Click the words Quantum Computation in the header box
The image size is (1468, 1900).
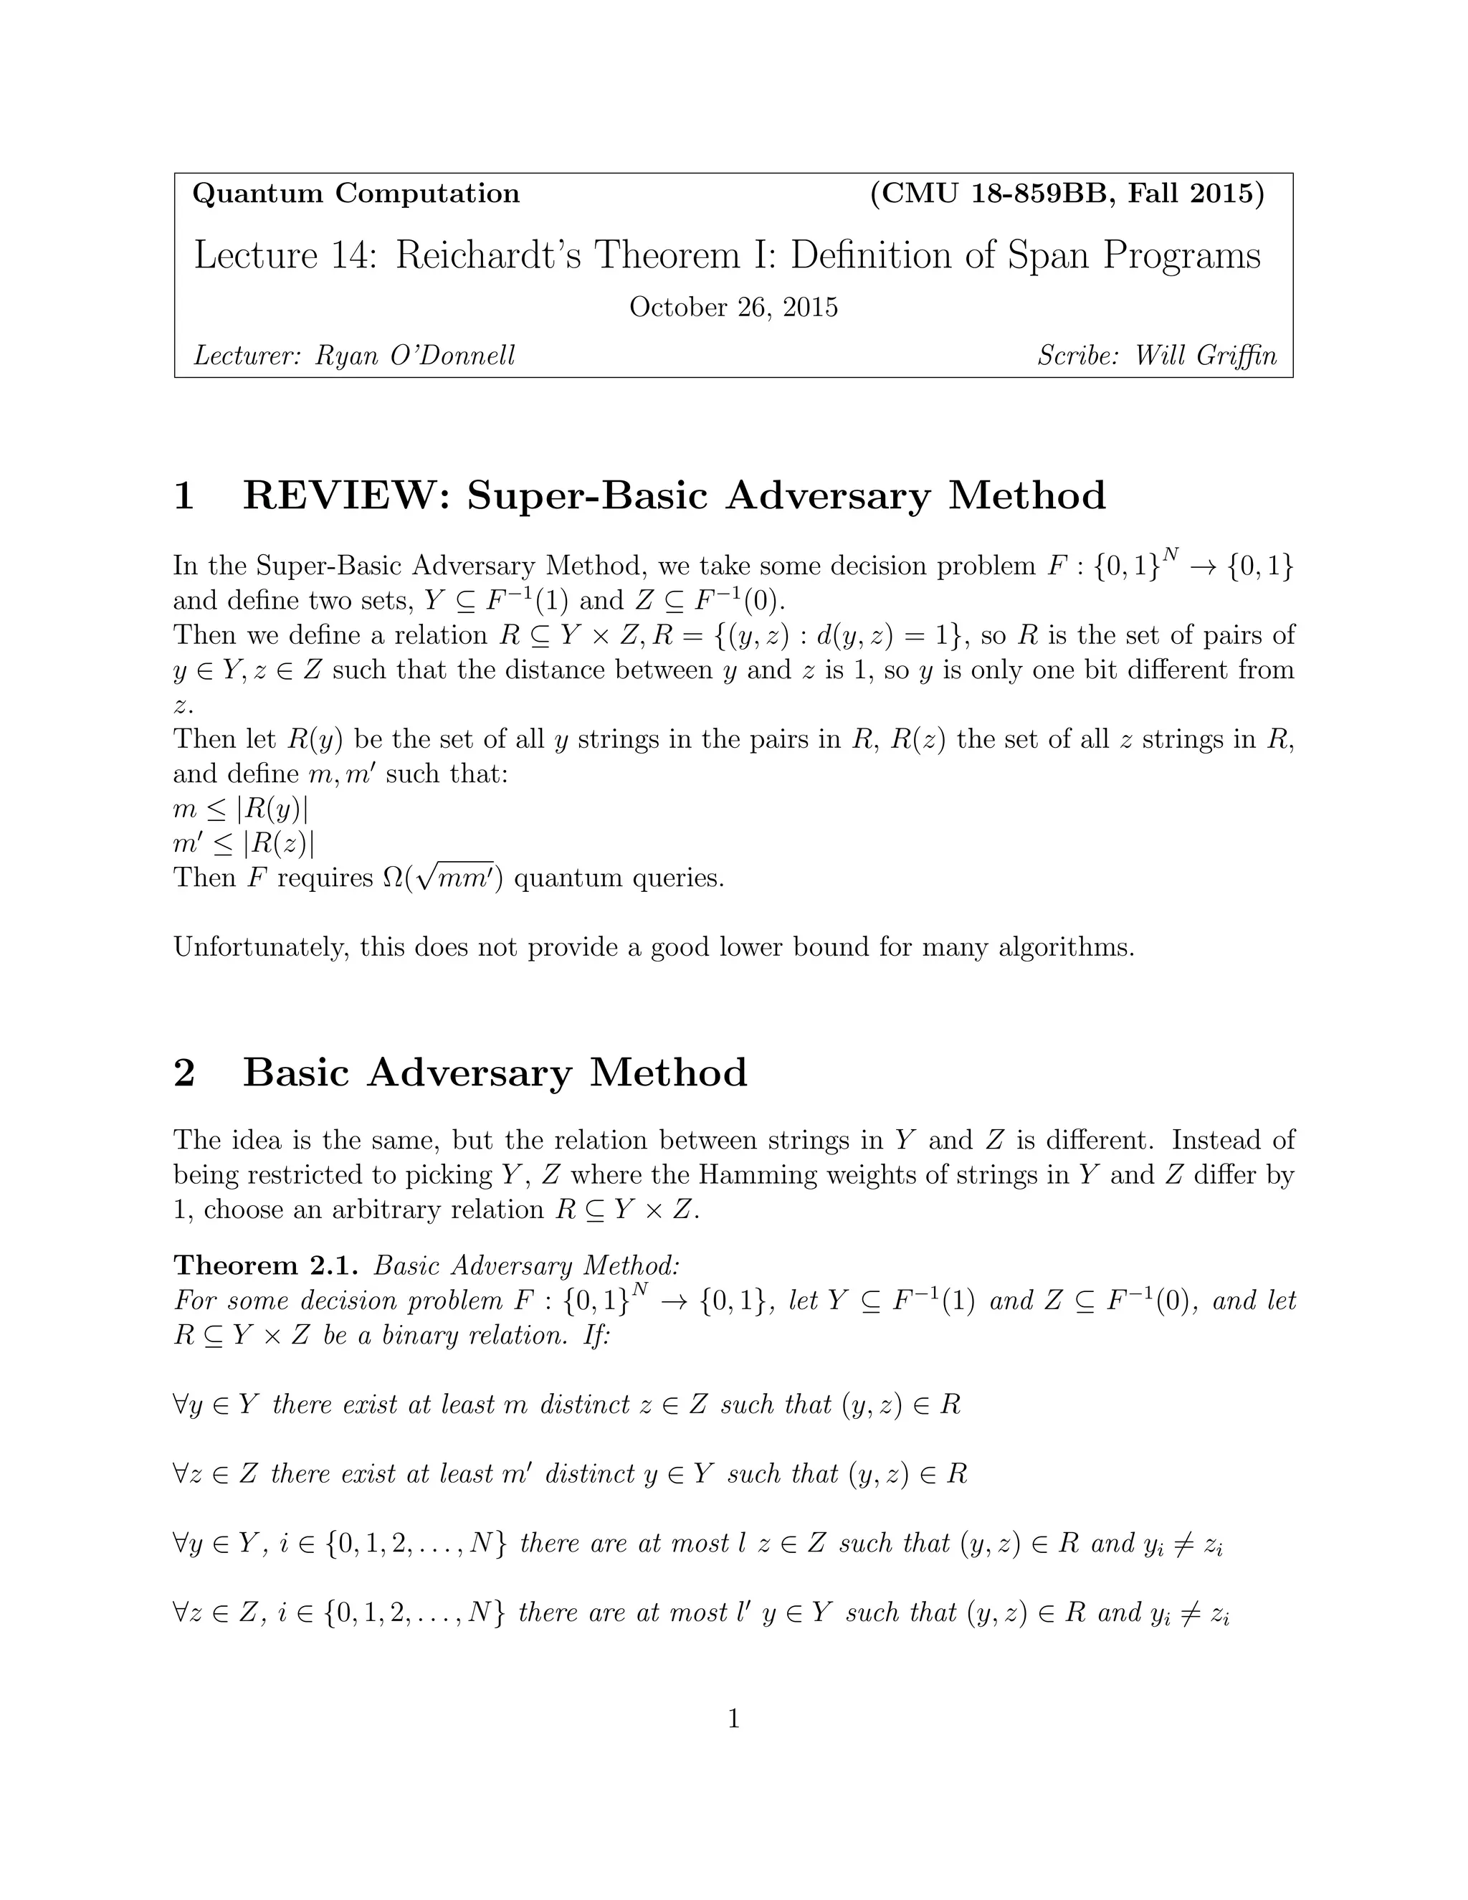356,193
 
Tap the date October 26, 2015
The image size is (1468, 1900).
733,307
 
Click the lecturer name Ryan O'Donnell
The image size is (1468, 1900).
415,355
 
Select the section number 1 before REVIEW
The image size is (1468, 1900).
183,496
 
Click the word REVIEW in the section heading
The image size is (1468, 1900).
345,496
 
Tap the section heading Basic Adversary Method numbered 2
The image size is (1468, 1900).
495,1072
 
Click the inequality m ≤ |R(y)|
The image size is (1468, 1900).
241,809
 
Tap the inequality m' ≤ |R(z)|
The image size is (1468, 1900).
244,843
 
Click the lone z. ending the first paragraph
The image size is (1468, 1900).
183,705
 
